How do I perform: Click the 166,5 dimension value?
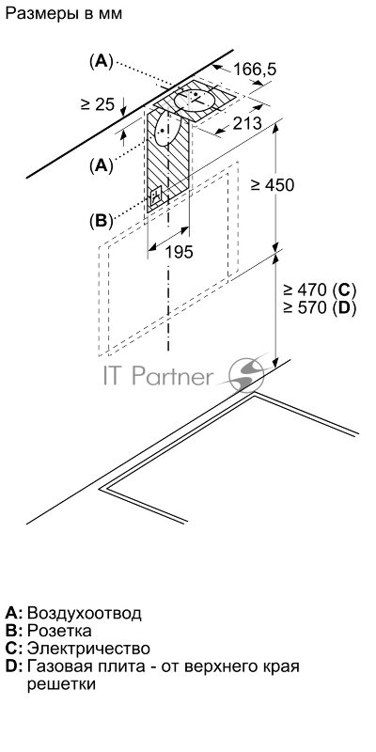(255, 70)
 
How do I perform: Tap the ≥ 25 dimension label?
(98, 103)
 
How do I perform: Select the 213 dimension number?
(247, 123)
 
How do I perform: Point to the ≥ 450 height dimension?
(272, 184)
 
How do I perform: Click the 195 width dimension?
(179, 252)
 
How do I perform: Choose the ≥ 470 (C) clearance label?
(320, 290)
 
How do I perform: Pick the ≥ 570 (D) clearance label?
(320, 308)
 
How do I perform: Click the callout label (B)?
(101, 221)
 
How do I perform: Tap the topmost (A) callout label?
(101, 61)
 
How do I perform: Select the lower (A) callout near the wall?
(101, 165)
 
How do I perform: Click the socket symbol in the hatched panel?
(156, 196)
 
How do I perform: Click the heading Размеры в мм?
(64, 13)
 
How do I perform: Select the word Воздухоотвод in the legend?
(85, 613)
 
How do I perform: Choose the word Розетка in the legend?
(59, 630)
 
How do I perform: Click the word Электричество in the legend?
(88, 649)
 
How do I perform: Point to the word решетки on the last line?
(61, 684)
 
